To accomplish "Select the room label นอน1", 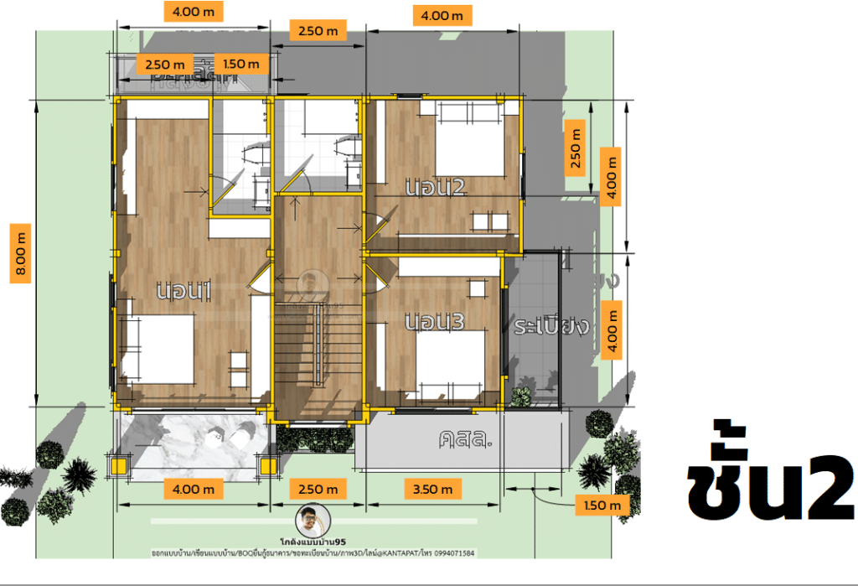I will (183, 291).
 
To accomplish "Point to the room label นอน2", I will (434, 188).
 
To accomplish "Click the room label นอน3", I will (434, 322).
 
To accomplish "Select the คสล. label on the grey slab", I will (463, 438).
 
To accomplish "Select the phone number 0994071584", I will (453, 553).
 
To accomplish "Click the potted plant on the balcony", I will (521, 397).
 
